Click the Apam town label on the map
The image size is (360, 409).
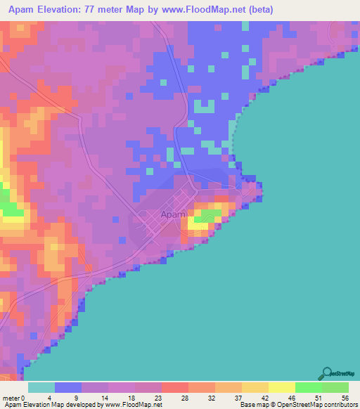173,214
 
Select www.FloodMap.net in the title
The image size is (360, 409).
209,10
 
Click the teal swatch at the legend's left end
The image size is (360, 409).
41,387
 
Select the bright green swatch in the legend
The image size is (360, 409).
309,387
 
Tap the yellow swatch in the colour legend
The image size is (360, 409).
282,387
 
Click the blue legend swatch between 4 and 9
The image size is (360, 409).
68,387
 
